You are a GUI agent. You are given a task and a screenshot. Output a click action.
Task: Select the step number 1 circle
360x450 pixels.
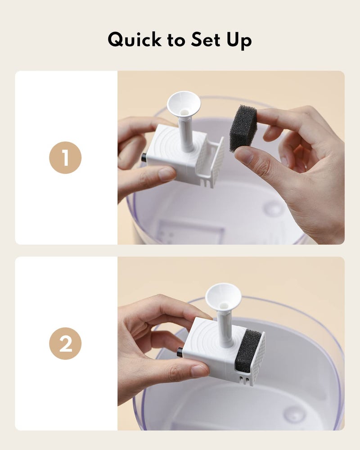click(x=65, y=157)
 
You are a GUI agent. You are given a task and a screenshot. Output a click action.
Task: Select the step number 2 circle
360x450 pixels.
click(x=65, y=344)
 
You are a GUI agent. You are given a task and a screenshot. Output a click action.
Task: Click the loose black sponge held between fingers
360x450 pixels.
click(x=243, y=128)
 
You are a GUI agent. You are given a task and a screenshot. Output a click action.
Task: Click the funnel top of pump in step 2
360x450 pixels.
click(x=223, y=296)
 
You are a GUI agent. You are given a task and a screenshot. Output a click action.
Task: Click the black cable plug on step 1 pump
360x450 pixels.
click(x=144, y=157)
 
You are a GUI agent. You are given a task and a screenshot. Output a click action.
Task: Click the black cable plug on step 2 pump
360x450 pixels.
click(x=180, y=352)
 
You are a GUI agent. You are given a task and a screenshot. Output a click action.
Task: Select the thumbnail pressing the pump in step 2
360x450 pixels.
click(x=198, y=370)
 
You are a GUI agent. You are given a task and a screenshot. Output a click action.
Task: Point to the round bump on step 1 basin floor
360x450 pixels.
click(x=274, y=208)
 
